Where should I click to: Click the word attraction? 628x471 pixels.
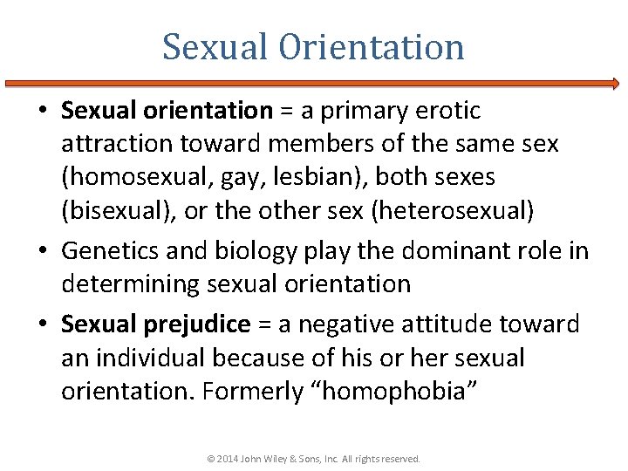[x=119, y=144]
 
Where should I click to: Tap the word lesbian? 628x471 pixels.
[x=307, y=177]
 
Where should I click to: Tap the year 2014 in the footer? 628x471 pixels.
[x=225, y=458]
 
